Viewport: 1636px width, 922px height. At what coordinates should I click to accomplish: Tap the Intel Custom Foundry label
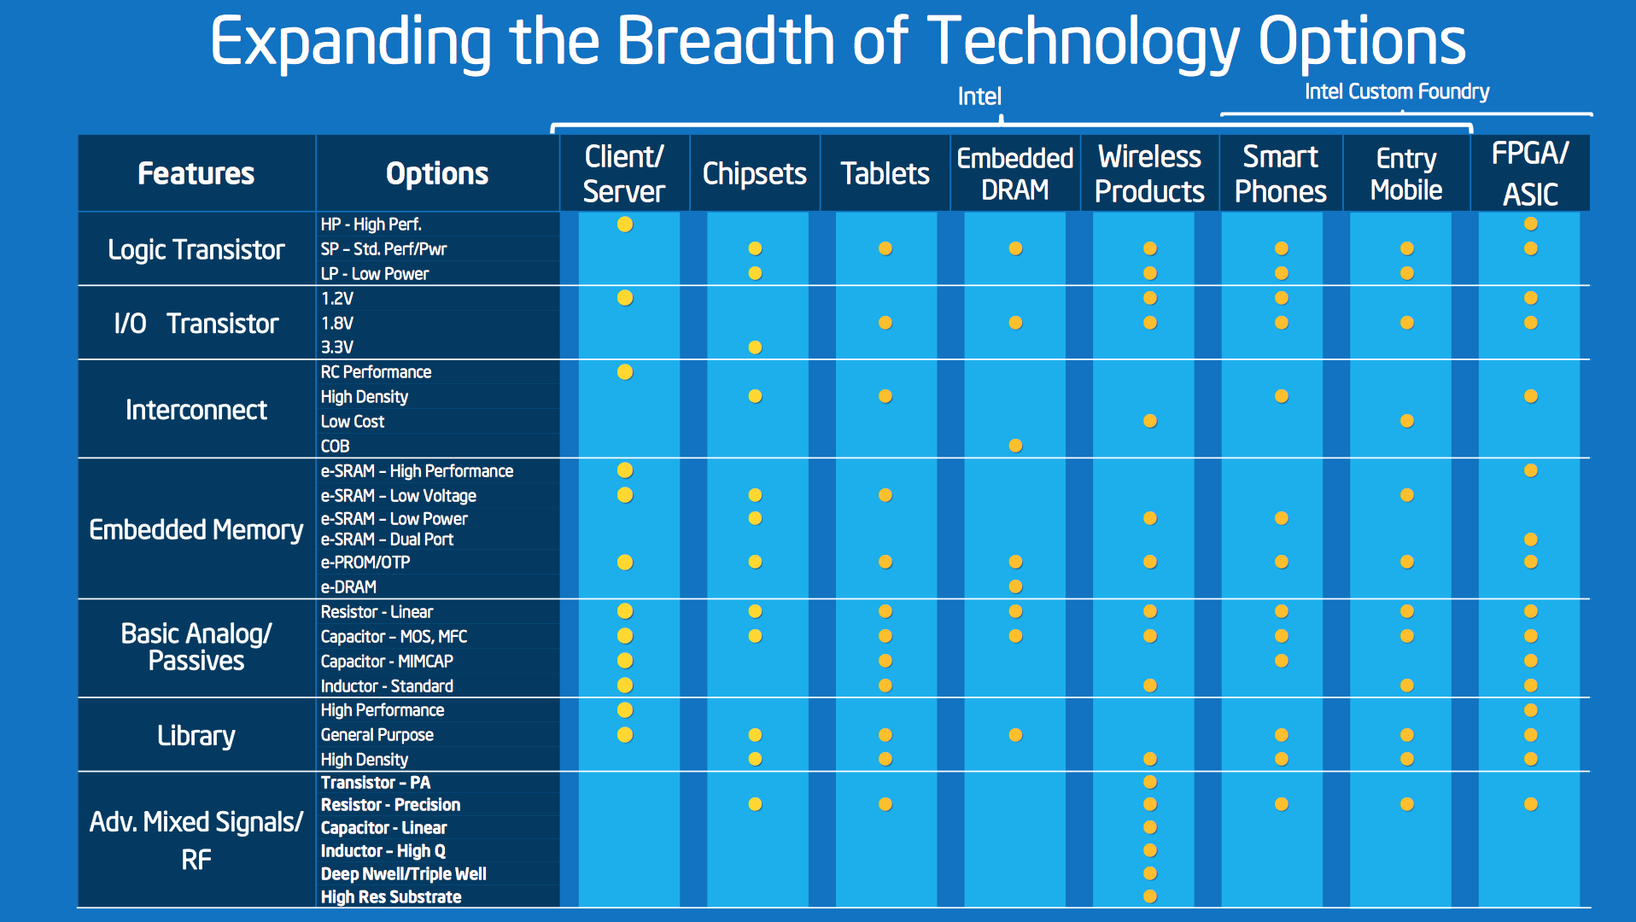click(1397, 91)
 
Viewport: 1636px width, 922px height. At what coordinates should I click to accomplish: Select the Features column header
click(196, 173)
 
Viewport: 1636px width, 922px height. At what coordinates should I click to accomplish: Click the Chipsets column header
click(755, 173)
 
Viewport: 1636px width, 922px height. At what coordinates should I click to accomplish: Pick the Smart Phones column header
click(1281, 174)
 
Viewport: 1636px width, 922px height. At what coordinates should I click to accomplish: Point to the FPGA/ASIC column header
click(1530, 174)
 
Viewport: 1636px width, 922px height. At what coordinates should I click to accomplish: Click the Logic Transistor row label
click(196, 249)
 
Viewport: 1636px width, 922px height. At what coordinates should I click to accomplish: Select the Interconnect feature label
click(196, 410)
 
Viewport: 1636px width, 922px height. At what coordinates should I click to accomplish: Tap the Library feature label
click(196, 735)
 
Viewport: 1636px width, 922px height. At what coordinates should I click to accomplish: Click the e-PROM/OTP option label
click(365, 563)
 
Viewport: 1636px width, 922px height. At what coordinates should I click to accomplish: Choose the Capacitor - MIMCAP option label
click(387, 662)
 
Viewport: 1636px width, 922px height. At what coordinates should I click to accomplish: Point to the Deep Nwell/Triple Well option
click(404, 874)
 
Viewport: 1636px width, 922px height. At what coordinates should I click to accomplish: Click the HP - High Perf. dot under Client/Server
click(625, 225)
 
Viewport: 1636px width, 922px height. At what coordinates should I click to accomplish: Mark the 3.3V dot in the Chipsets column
click(755, 347)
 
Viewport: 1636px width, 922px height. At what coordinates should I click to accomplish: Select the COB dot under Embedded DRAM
click(1015, 446)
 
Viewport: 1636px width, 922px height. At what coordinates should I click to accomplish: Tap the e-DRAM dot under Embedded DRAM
click(1015, 586)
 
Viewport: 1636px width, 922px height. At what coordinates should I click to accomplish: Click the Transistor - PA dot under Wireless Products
click(1150, 782)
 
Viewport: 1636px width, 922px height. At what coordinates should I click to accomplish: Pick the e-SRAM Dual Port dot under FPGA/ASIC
click(1531, 540)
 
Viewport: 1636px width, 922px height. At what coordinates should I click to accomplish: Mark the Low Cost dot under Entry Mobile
click(1407, 421)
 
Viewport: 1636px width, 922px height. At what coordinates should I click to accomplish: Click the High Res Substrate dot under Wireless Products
click(1150, 896)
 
